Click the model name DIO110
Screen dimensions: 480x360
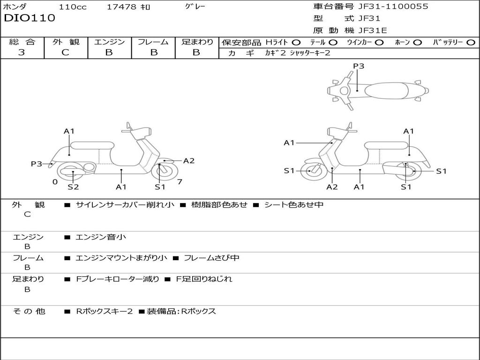30,18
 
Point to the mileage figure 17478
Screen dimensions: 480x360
121,7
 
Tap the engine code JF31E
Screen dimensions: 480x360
373,30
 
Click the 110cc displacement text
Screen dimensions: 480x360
73,7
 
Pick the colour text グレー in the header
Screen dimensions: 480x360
195,7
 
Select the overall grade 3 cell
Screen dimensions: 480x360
22,52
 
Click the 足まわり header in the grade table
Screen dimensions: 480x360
197,42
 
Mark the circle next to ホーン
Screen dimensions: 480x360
418,43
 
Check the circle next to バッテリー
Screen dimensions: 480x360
471,43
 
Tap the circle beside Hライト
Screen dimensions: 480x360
296,43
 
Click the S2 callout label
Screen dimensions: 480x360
73,187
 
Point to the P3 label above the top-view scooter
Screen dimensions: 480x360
359,66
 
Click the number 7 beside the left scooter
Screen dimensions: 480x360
179,181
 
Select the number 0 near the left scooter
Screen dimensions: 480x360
55,181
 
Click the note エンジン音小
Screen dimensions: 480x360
101,237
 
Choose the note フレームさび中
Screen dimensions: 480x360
211,258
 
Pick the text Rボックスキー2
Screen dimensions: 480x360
105,311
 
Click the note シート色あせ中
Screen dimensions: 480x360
294,204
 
